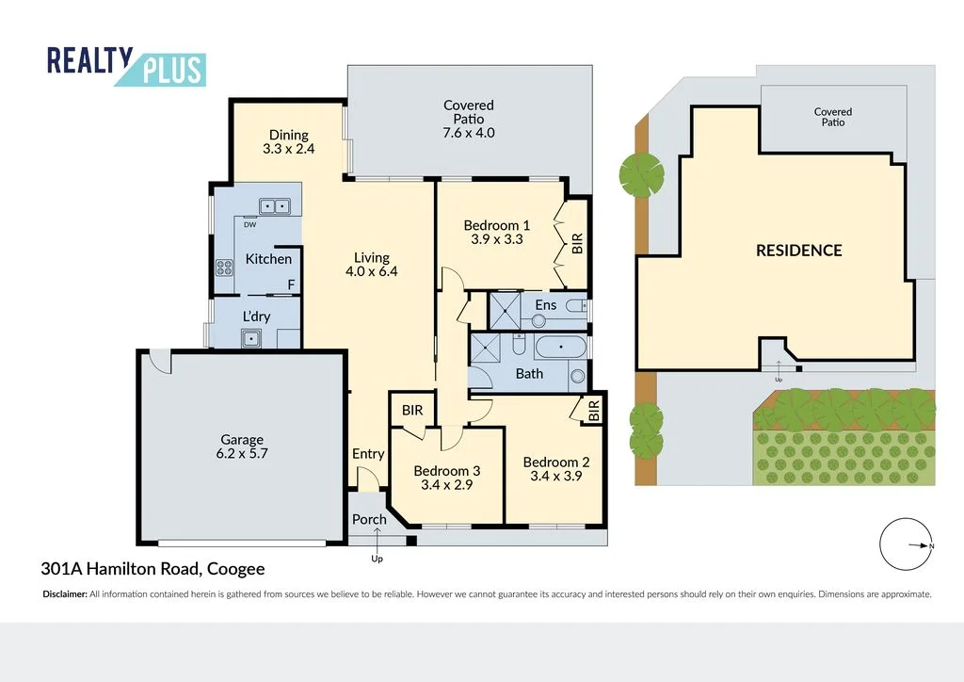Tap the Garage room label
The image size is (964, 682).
(242, 439)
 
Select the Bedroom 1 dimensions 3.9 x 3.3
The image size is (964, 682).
(496, 239)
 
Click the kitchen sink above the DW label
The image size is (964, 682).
(276, 205)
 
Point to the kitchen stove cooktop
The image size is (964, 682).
(224, 267)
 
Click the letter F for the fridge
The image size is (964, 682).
(291, 284)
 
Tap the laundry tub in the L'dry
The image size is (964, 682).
(252, 340)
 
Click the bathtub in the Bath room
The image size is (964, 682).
(560, 349)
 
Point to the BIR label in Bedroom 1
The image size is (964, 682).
(577, 244)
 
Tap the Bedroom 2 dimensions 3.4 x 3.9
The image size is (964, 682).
(555, 477)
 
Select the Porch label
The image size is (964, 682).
(369, 520)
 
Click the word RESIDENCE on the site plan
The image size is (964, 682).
(799, 250)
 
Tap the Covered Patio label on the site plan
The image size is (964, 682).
(833, 117)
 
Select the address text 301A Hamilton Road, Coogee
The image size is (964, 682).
(153, 568)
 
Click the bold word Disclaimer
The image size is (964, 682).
(65, 594)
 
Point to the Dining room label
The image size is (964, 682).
(288, 135)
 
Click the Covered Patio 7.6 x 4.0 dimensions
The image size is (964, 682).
(469, 133)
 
